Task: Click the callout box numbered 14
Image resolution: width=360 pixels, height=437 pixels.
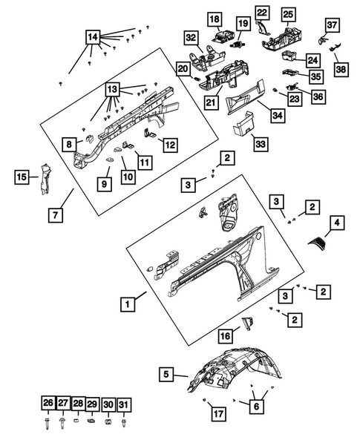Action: pos(93,37)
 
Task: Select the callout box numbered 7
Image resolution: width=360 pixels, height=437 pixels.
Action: pos(56,215)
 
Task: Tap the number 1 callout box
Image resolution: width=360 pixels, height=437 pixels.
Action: pos(128,304)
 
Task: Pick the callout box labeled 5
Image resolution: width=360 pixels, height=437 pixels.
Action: pos(166,374)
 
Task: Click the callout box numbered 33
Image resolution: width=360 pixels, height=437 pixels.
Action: pos(261,145)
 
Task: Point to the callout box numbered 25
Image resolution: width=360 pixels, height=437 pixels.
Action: pos(288,14)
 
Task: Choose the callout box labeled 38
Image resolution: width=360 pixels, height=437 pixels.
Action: pos(341,70)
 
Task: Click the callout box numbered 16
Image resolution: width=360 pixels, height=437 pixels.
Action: pos(226,336)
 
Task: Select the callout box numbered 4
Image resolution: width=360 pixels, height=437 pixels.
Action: pos(337,223)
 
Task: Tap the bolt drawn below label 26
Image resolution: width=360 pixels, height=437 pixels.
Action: pos(46,422)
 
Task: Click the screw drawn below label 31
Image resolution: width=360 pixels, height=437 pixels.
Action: pos(124,421)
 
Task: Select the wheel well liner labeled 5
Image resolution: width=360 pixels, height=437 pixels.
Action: pos(235,371)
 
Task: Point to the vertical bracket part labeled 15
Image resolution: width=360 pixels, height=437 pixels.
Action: pos(44,180)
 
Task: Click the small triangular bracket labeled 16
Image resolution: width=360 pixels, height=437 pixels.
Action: pos(247,323)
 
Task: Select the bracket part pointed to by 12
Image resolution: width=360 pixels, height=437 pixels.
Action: pos(149,134)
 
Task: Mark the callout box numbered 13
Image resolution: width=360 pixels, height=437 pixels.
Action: pos(112,89)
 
